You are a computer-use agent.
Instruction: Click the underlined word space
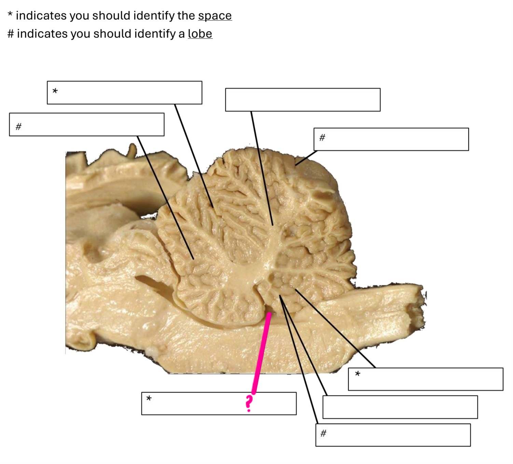[x=215, y=16]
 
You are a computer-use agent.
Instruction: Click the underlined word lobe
[x=200, y=34]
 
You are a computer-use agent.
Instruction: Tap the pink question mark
[x=249, y=404]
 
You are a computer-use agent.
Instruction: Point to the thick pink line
[x=261, y=352]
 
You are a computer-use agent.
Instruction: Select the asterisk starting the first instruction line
[x=10, y=15]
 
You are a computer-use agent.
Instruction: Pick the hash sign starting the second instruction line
[x=11, y=34]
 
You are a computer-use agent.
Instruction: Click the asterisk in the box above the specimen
[x=55, y=91]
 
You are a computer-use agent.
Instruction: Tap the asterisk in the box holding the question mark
[x=149, y=399]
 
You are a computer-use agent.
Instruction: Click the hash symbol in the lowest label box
[x=323, y=433]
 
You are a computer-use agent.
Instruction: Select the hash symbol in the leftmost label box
[x=18, y=126]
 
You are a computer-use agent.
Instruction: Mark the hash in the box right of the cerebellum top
[x=322, y=137]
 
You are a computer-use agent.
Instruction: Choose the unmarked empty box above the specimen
[x=303, y=99]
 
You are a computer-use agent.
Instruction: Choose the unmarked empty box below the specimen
[x=400, y=407]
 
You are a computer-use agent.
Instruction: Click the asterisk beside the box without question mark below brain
[x=358, y=374]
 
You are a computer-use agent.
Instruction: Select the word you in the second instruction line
[x=80, y=34]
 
